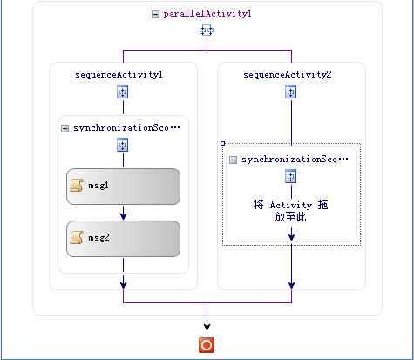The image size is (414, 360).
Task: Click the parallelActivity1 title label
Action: pos(207,14)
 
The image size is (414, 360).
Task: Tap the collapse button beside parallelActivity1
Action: pos(155,14)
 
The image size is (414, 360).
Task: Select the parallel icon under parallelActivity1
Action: pos(207,31)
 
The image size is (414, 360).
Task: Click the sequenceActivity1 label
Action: pos(119,75)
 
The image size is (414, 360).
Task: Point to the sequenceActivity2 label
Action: pos(287,75)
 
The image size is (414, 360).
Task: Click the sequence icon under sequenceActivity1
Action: pos(123,92)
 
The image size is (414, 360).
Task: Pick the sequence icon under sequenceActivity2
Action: pos(291,92)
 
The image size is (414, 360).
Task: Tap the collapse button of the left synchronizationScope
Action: pos(64,128)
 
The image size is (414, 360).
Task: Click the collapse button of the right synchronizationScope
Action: pos(233,160)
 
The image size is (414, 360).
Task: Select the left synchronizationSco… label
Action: pos(126,128)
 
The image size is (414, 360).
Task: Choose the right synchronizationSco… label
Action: pos(295,160)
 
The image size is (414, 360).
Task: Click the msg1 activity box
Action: pos(123,187)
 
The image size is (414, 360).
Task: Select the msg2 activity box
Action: pos(123,239)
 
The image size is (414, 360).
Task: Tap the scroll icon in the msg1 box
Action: pos(77,186)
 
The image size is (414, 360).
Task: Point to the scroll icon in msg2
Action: pos(77,238)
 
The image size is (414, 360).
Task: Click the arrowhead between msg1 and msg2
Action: pos(123,215)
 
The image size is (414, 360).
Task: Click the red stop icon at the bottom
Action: pos(207,345)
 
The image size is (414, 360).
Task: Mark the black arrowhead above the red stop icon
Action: pos(207,326)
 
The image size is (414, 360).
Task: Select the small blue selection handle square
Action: pos(223,143)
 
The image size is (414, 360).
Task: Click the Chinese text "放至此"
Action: pos(290,217)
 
